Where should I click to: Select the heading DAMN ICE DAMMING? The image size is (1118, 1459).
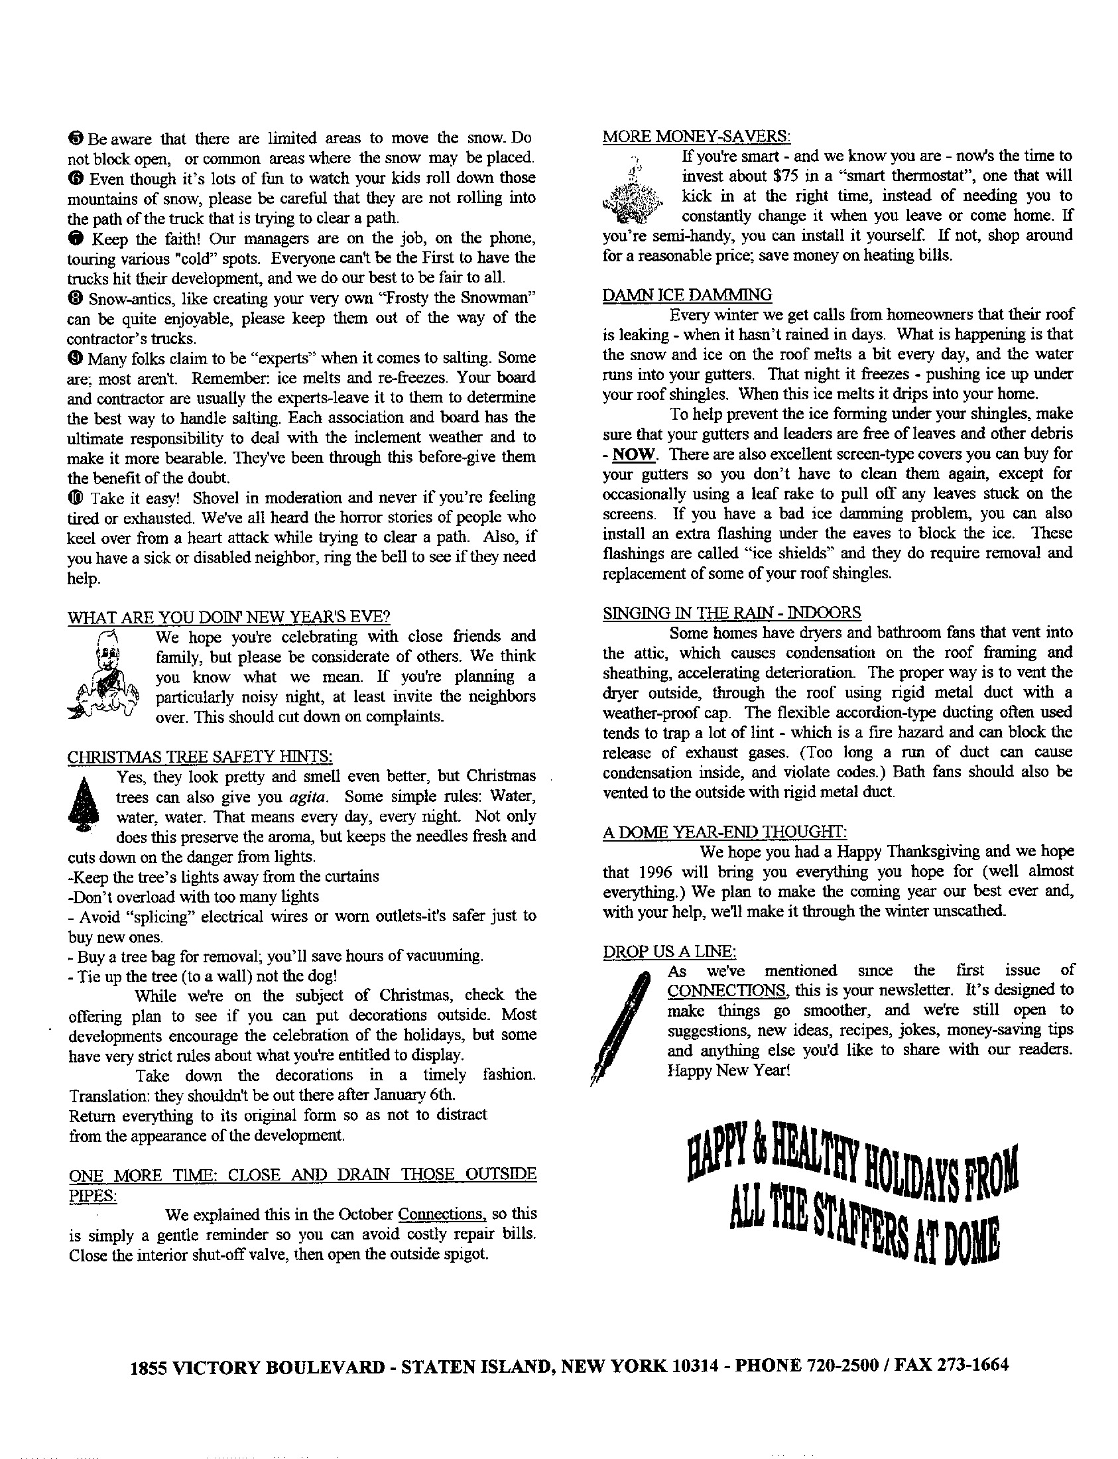coord(688,295)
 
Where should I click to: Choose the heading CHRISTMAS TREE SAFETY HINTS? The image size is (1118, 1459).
coord(200,757)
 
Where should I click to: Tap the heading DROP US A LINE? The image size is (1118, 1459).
coord(670,952)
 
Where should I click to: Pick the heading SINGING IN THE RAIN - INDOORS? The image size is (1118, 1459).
coord(731,613)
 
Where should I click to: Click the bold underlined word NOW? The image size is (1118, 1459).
coord(634,455)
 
